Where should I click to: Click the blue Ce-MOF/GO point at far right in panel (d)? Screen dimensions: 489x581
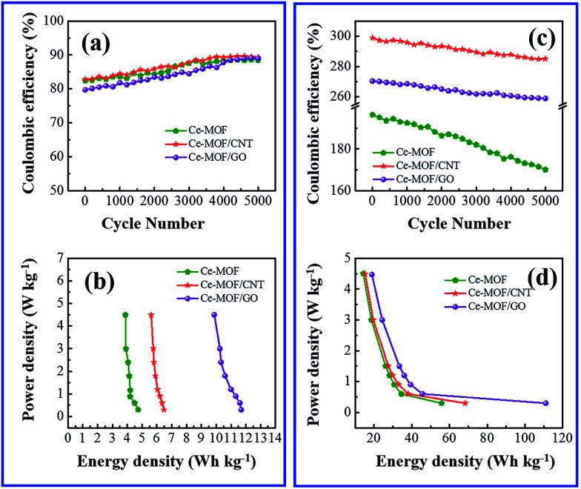[545, 403]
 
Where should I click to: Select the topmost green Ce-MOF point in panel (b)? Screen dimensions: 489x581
[125, 315]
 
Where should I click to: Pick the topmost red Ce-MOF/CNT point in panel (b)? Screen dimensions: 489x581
[151, 315]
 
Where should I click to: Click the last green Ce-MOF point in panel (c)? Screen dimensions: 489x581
[545, 170]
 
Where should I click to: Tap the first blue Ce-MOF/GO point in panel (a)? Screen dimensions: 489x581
[85, 90]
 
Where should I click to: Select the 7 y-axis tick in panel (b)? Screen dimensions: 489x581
[59, 257]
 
